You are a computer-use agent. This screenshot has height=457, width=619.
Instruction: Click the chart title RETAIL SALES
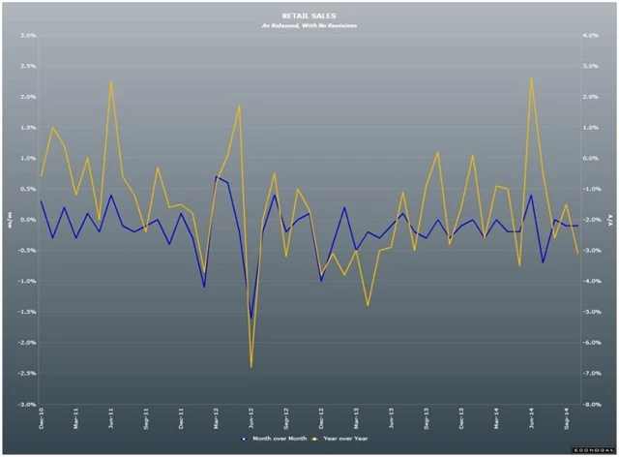click(x=309, y=16)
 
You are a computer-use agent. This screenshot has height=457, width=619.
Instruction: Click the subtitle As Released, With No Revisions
click(x=309, y=26)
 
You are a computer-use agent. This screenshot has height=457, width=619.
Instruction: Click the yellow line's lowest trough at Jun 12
click(x=251, y=367)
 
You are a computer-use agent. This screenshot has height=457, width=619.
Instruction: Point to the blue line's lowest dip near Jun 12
click(x=251, y=318)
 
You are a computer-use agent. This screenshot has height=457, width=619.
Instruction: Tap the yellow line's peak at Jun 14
click(x=532, y=78)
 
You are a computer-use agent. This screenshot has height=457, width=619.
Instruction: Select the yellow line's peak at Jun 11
click(x=111, y=80)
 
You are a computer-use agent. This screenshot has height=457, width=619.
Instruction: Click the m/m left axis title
click(x=11, y=220)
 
